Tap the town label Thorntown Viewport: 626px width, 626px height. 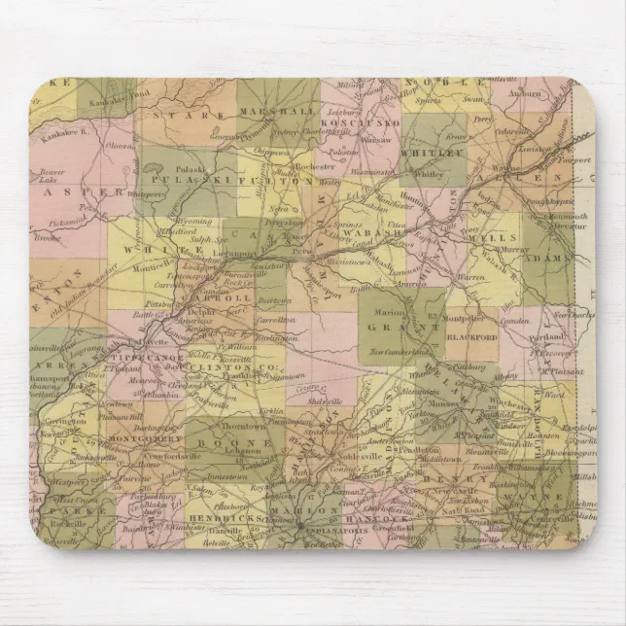pyautogui.click(x=241, y=425)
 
